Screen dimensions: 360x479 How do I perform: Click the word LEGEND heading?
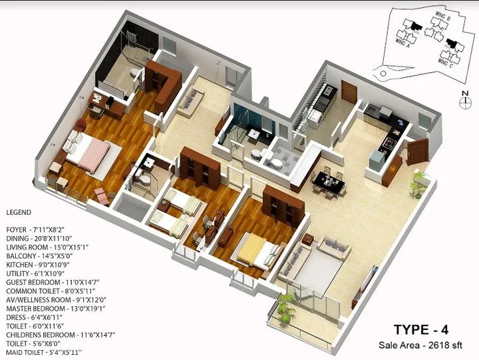[x=19, y=212]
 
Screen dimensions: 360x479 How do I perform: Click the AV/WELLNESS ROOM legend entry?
[x=52, y=300]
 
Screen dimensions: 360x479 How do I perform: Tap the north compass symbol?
[x=464, y=100]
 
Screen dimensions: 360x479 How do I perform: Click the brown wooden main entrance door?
[x=416, y=151]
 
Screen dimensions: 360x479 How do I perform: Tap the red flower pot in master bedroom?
[x=80, y=124]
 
